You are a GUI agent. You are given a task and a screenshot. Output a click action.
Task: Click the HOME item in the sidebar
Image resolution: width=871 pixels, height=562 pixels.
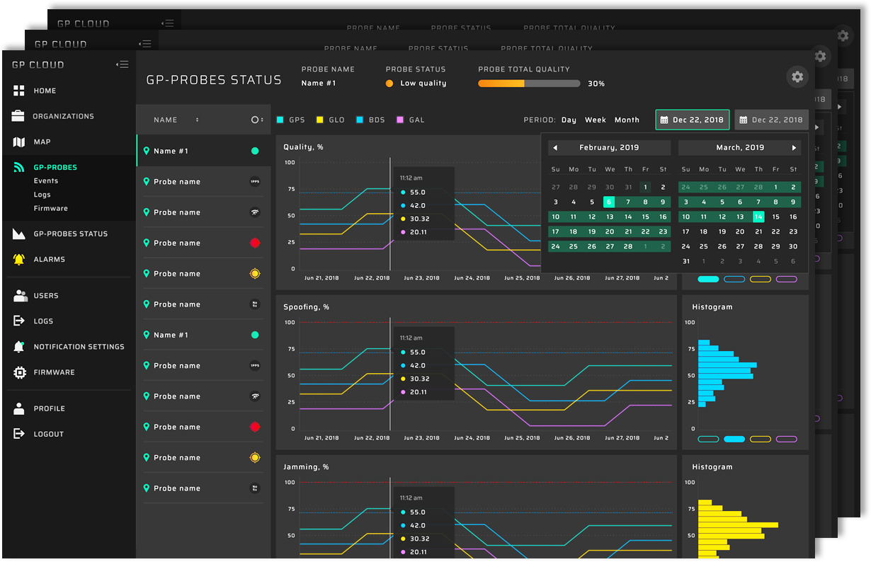click(x=44, y=91)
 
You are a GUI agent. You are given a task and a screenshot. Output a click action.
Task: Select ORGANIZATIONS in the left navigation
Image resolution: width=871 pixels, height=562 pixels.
click(x=62, y=116)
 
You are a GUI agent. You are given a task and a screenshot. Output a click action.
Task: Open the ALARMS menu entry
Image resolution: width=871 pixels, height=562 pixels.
click(x=49, y=260)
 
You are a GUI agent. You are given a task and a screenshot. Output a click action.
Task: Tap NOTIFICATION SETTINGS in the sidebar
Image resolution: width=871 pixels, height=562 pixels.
click(x=78, y=347)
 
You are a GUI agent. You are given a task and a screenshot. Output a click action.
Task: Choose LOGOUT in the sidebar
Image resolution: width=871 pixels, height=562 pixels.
click(x=48, y=435)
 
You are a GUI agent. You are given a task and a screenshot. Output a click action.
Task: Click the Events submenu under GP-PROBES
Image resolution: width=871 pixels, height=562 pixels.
click(x=46, y=181)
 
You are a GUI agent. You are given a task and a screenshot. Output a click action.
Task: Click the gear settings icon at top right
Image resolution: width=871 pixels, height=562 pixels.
click(x=797, y=77)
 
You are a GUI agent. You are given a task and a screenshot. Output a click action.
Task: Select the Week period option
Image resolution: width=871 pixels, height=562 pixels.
click(x=595, y=120)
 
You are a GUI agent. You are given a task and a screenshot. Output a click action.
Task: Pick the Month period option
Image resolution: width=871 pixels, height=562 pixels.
click(x=627, y=120)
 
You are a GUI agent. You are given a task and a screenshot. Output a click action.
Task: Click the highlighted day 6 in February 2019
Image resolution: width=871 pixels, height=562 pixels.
click(x=609, y=202)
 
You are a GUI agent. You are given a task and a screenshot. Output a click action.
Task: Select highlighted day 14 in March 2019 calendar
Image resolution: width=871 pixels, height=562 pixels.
click(x=758, y=217)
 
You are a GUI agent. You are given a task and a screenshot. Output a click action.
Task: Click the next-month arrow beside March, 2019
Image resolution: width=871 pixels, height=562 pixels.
click(x=794, y=148)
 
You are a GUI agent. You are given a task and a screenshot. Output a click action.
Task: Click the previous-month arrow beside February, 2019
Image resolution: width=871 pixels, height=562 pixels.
click(x=555, y=148)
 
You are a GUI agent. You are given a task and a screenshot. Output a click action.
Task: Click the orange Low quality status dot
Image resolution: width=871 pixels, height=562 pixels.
click(x=389, y=84)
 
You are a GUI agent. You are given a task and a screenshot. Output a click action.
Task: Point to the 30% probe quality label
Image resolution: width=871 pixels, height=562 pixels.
click(x=596, y=84)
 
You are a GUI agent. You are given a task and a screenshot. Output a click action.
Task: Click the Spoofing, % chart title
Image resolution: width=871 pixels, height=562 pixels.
click(x=306, y=307)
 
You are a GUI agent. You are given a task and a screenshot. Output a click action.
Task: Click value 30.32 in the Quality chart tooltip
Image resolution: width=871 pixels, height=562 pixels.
click(x=419, y=219)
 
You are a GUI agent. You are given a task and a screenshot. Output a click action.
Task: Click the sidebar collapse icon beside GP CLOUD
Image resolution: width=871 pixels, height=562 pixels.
click(x=123, y=64)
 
